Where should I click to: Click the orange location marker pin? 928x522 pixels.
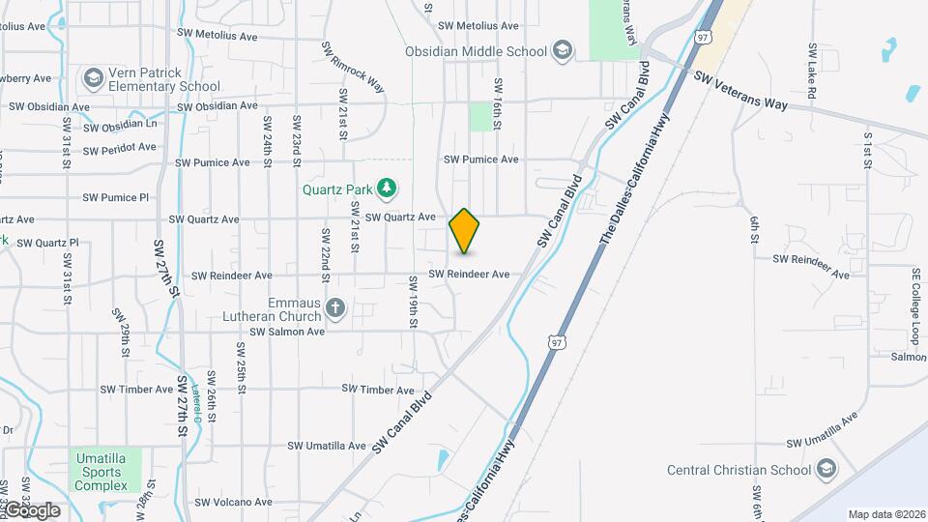pyautogui.click(x=465, y=231)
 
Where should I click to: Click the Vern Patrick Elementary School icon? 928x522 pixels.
pyautogui.click(x=94, y=77)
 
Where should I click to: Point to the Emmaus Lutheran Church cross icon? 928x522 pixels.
pyautogui.click(x=334, y=307)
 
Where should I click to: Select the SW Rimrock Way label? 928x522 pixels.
pyautogui.click(x=353, y=68)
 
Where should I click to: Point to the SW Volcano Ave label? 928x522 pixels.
pyautogui.click(x=233, y=503)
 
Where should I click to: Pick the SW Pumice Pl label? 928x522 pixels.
pyautogui.click(x=115, y=197)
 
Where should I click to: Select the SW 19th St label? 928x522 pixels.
pyautogui.click(x=413, y=299)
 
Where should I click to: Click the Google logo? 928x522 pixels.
pyautogui.click(x=31, y=510)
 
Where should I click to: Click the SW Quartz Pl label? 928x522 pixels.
pyautogui.click(x=47, y=243)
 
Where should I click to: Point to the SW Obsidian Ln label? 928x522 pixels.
pyautogui.click(x=120, y=127)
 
